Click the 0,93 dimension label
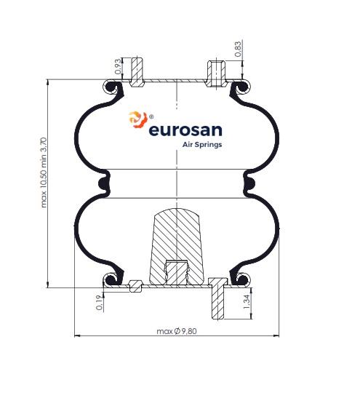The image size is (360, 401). (x=118, y=66)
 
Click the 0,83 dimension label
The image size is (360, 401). (x=238, y=49)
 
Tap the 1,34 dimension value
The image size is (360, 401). (x=247, y=302)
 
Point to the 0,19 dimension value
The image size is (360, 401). (x=100, y=303)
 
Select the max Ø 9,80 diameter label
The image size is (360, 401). (x=177, y=331)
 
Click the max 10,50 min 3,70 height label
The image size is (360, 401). (x=44, y=172)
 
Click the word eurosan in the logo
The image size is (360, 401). (x=185, y=130)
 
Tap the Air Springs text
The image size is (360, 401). (x=202, y=145)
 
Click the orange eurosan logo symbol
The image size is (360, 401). (x=138, y=119)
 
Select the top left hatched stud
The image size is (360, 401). (x=137, y=72)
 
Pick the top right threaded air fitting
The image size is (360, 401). (x=216, y=74)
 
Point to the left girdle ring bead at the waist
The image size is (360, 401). (x=103, y=183)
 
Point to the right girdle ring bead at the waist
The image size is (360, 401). (x=250, y=183)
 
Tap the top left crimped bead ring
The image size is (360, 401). (x=110, y=87)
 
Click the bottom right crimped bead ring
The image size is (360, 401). (x=243, y=279)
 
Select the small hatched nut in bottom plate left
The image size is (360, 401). (x=136, y=286)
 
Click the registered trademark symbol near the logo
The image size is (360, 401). (x=151, y=116)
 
